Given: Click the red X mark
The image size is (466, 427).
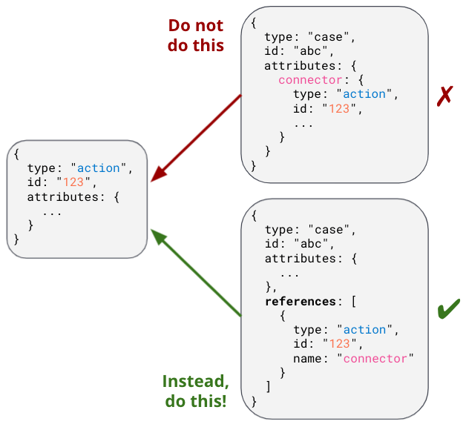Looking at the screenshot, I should [x=444, y=96].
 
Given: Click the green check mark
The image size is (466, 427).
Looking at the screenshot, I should [x=448, y=308].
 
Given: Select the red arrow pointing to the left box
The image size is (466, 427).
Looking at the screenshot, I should [x=197, y=138].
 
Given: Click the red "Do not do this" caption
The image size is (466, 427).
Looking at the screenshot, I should [x=196, y=35].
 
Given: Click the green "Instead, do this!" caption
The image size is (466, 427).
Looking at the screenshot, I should [x=196, y=391].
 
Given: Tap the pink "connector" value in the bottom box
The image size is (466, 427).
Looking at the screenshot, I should [x=375, y=358].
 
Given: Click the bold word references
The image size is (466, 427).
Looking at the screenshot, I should [x=301, y=301].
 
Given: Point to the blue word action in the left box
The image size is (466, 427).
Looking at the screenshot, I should [x=99, y=168].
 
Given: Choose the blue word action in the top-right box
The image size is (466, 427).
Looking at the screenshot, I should [x=364, y=94].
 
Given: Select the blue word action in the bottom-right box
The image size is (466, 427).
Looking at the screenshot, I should [x=364, y=329].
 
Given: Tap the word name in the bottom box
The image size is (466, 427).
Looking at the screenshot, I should [x=308, y=358].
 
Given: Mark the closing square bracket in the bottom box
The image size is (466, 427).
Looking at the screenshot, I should [x=268, y=387].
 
